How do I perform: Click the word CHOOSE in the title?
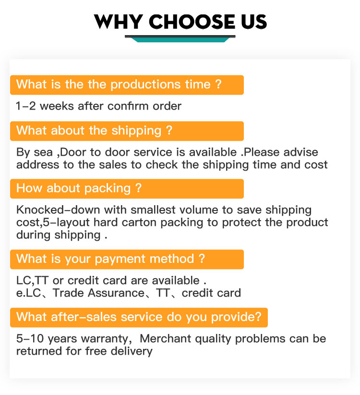pyautogui.click(x=192, y=22)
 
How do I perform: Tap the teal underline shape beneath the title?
pyautogui.click(x=180, y=39)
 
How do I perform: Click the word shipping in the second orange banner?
pyautogui.click(x=136, y=131)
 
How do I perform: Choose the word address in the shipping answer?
pyautogui.click(x=38, y=165)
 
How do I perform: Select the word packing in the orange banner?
pyautogui.click(x=108, y=189)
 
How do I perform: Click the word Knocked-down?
pyautogui.click(x=58, y=210)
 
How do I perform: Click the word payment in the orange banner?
pyautogui.click(x=120, y=259)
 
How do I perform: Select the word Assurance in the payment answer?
pyautogui.click(x=116, y=293)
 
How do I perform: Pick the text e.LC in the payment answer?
pyautogui.click(x=28, y=293)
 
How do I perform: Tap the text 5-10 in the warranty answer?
pyautogui.click(x=30, y=339)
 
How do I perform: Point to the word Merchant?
pyautogui.click(x=165, y=339)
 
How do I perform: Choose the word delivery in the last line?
pyautogui.click(x=132, y=352)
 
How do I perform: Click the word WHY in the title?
pyautogui.click(x=118, y=22)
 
